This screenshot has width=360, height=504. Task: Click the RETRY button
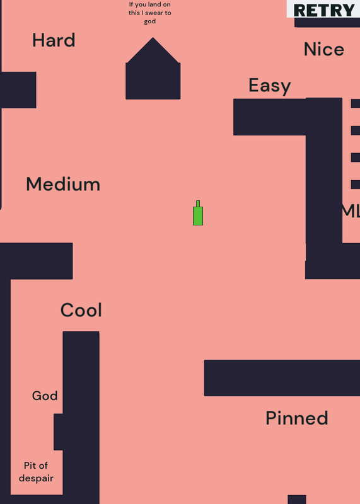coord(323,9)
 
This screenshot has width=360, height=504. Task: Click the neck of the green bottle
coord(198,203)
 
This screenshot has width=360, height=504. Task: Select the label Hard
coord(54,40)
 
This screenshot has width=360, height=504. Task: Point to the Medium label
coord(63,184)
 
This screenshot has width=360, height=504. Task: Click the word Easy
coord(270,86)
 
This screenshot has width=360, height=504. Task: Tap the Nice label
coord(324,50)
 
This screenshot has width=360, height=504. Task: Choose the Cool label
coord(81,310)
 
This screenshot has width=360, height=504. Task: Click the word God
coord(45,396)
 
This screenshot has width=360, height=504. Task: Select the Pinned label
coord(297,418)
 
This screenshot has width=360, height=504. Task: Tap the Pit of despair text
coord(36,472)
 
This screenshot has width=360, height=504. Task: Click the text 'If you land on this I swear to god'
coord(150,13)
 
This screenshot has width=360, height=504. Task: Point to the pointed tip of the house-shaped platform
coord(153,38)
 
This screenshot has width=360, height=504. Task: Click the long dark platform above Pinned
coord(282,378)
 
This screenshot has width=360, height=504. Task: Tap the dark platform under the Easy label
coord(270,117)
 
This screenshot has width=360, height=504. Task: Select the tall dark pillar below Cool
coord(81,418)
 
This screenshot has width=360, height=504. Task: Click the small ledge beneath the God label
coord(58,432)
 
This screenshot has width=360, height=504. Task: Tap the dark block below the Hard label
coord(18,90)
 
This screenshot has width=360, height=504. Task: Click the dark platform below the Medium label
coord(37,261)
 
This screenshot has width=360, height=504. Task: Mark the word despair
coord(36,478)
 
